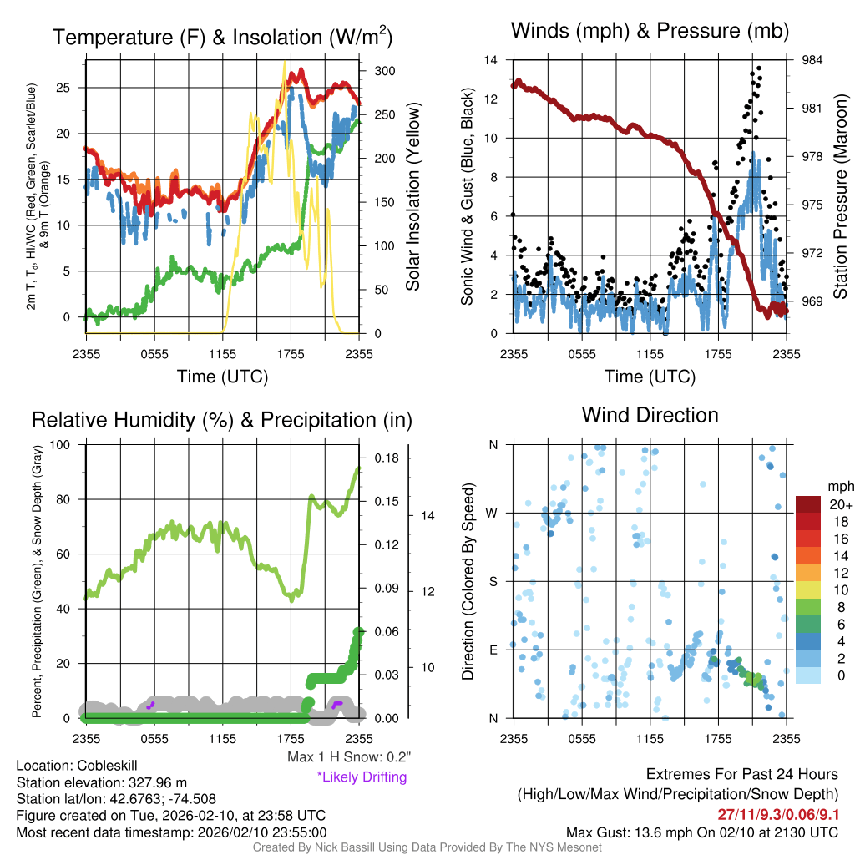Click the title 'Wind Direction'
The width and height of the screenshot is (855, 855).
(x=650, y=415)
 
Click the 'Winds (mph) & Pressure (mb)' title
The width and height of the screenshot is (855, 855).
(x=650, y=32)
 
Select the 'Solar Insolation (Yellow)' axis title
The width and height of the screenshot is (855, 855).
(x=412, y=197)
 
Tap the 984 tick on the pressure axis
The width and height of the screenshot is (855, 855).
(x=812, y=60)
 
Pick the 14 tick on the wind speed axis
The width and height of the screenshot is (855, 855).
(x=492, y=60)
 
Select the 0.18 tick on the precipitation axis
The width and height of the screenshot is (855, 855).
(x=386, y=458)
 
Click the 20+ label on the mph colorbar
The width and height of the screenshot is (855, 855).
(x=840, y=504)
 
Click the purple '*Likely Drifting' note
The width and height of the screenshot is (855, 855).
(x=362, y=777)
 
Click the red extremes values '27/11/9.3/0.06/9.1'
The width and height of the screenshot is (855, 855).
(x=777, y=814)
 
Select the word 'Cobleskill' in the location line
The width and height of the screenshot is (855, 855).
(x=106, y=766)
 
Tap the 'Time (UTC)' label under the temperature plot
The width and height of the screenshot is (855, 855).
(x=223, y=377)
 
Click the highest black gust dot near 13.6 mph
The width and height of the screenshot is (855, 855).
(x=759, y=68)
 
